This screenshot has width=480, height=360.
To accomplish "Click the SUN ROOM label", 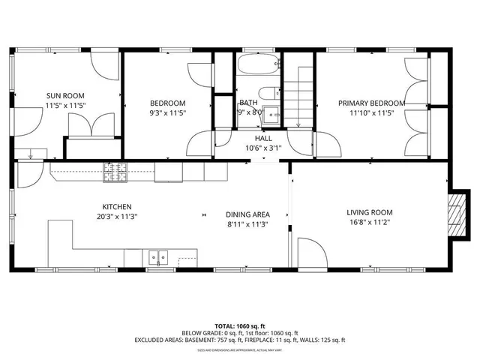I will tap(64, 95).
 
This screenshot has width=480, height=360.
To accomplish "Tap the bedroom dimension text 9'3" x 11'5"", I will tap(168, 113).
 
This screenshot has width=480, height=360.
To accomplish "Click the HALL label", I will tap(263, 139).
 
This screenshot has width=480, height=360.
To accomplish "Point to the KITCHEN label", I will tap(118, 206).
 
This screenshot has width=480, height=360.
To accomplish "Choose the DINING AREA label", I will tap(247, 214).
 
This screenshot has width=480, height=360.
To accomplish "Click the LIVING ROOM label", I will tap(368, 212).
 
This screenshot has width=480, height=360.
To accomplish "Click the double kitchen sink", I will tap(158, 257).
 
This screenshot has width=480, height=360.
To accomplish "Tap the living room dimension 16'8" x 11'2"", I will tap(368, 223).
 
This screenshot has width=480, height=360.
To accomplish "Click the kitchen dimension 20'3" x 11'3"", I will tap(118, 217).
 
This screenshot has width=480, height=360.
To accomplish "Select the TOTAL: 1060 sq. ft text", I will tap(239, 325).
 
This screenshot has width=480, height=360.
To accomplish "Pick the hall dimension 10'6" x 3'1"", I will tap(263, 148).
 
